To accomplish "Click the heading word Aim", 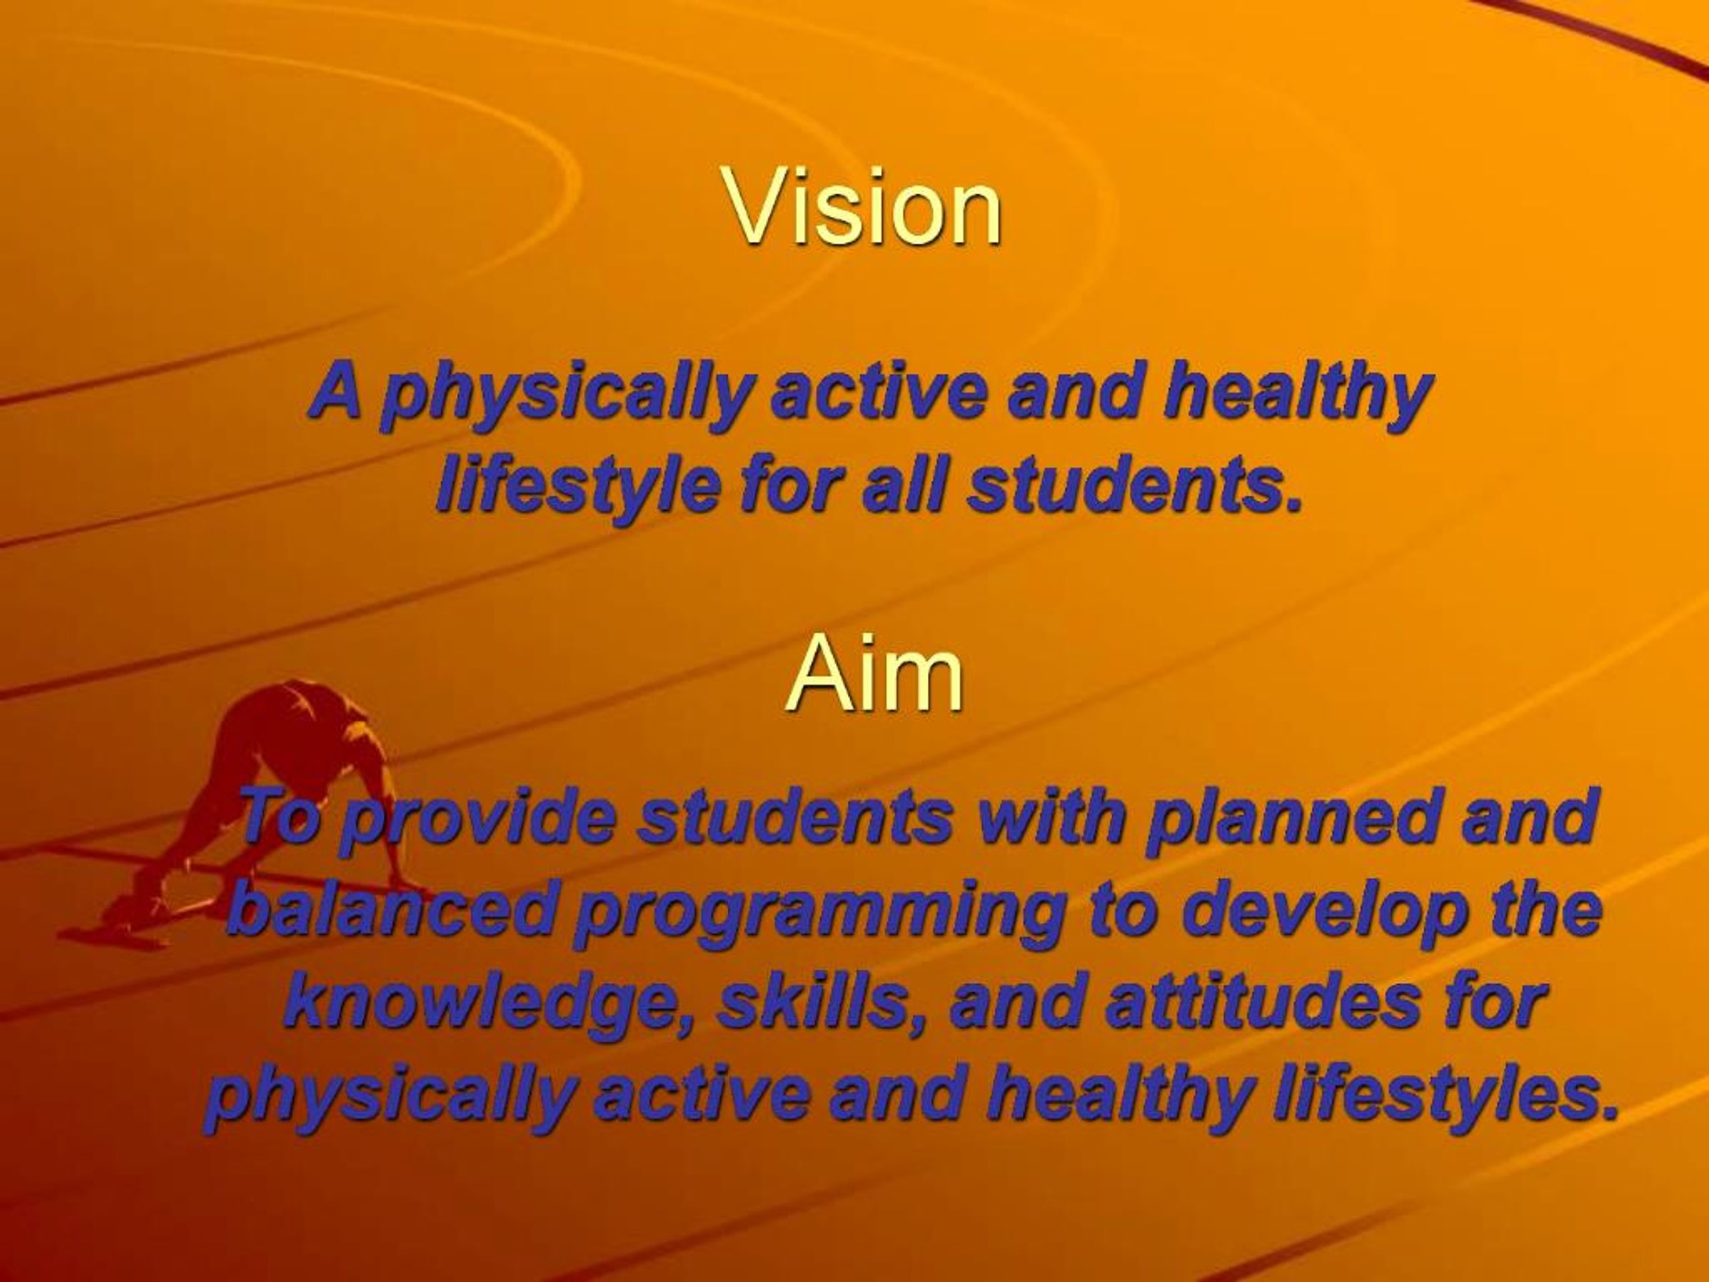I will click(875, 676).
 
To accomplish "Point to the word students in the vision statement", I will click(1135, 485).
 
